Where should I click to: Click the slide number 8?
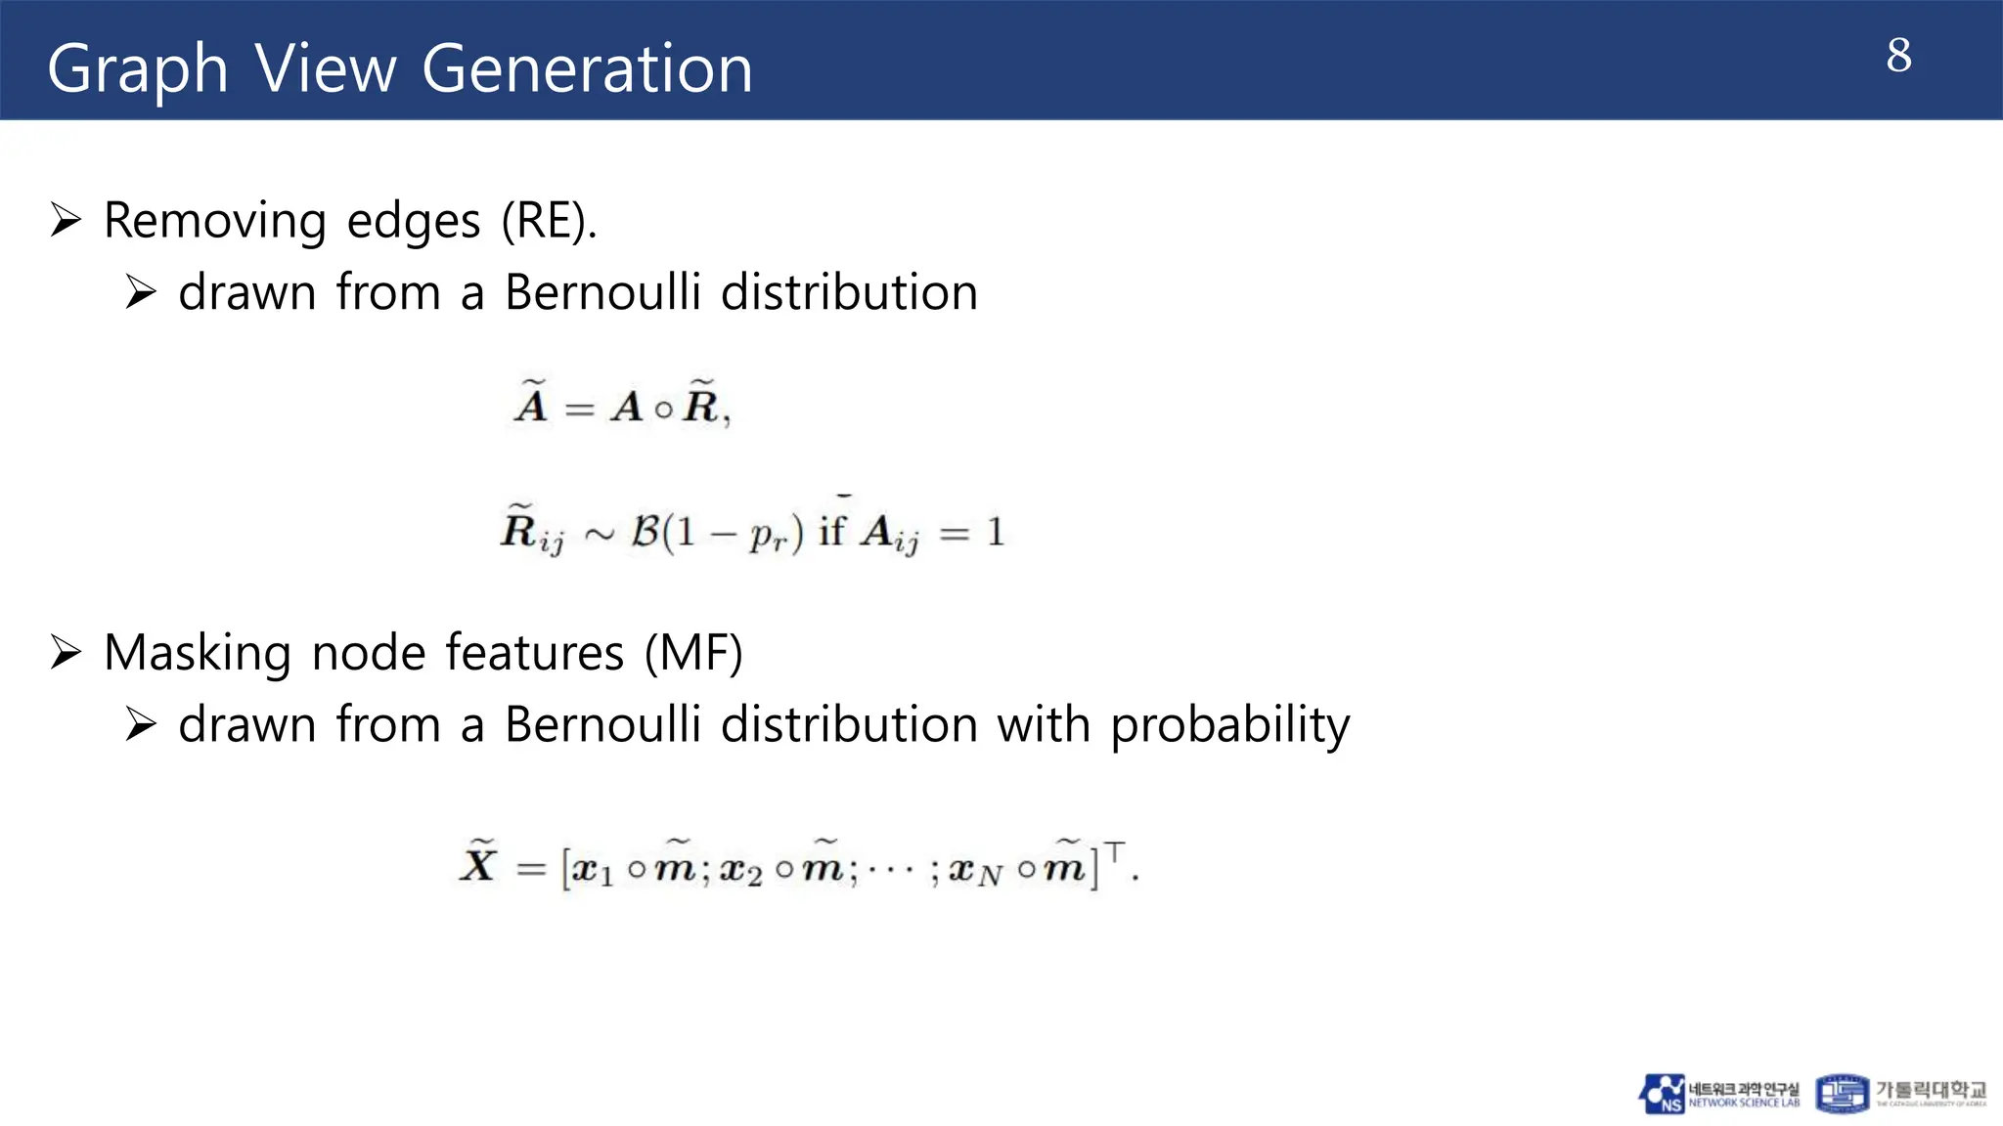coord(1898,56)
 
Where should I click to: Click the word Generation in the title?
coord(587,69)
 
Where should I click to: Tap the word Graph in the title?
coord(137,69)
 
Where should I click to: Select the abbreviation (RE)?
coord(549,221)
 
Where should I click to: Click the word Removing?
coord(214,221)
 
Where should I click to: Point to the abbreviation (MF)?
coord(693,653)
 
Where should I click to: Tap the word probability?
coord(1229,725)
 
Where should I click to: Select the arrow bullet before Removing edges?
coord(67,220)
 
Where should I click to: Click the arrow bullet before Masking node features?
coord(67,652)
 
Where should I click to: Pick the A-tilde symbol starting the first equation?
coord(531,402)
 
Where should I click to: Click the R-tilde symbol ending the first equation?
coord(700,402)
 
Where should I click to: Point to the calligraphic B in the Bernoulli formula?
coord(645,532)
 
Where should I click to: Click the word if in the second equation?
coord(831,531)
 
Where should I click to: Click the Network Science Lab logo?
coord(1719,1094)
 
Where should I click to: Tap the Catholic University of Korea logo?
coord(1900,1094)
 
